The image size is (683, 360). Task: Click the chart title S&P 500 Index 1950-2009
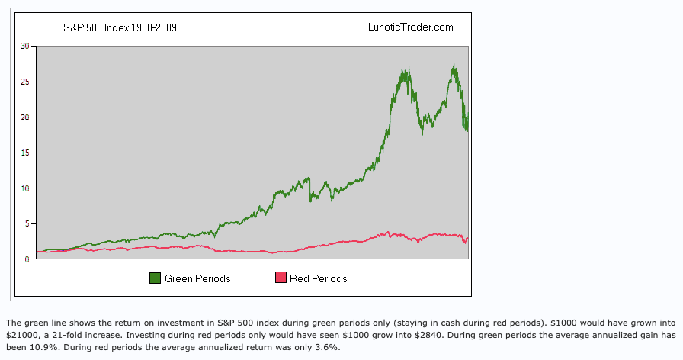[120, 27]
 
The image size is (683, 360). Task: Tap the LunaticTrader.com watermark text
[410, 27]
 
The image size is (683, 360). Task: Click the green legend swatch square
[155, 278]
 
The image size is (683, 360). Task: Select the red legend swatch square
[281, 278]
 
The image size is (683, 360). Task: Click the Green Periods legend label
[197, 279]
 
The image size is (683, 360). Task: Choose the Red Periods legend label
[318, 279]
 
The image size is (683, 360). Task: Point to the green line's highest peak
[454, 64]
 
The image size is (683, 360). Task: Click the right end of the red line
[467, 239]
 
